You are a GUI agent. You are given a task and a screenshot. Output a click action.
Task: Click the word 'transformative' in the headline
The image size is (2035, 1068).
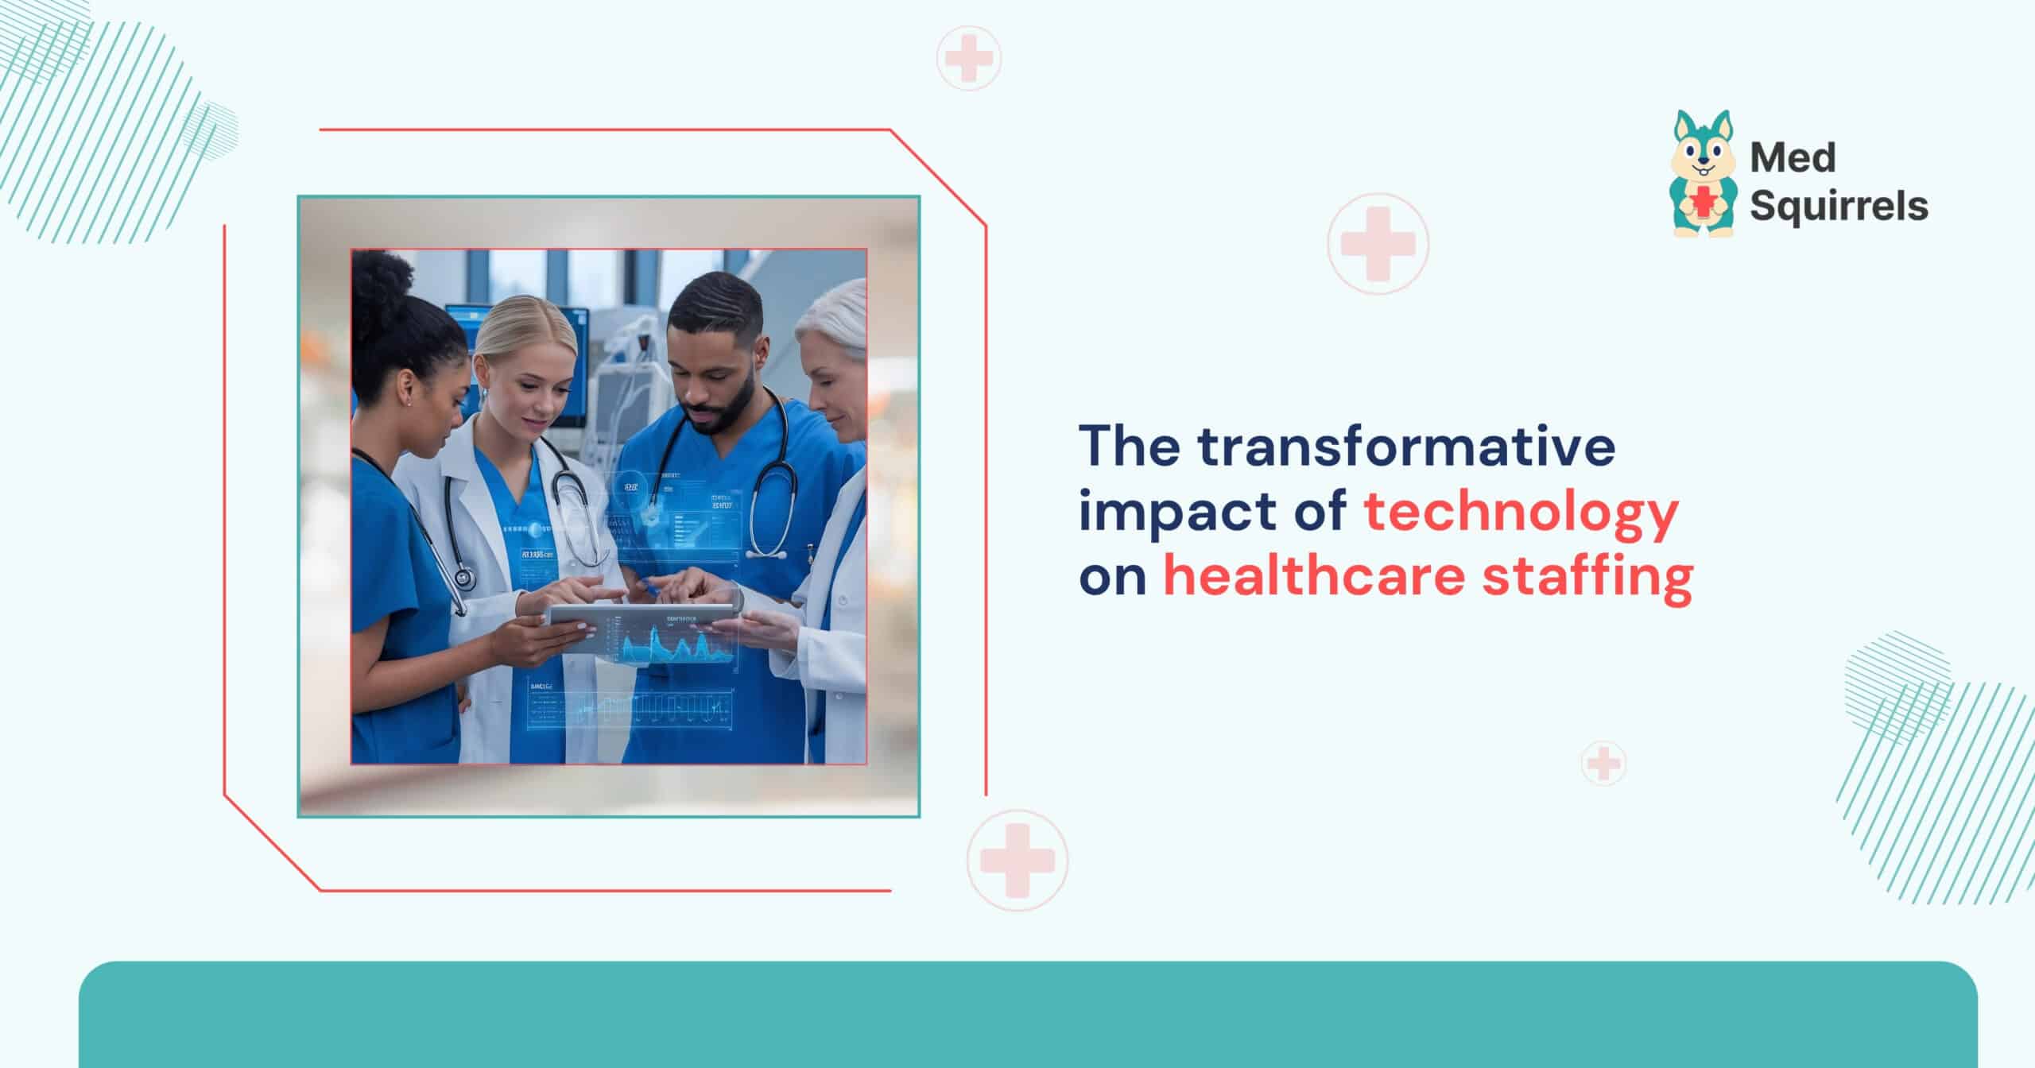[1407, 447]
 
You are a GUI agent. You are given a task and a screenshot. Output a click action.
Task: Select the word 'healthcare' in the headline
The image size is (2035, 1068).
[1314, 577]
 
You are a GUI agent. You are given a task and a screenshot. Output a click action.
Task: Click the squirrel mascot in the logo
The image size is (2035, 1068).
[1702, 175]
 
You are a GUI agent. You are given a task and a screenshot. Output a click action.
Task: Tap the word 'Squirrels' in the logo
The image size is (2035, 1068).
[1839, 206]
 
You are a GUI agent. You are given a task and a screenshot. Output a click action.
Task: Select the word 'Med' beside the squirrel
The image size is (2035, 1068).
[1793, 158]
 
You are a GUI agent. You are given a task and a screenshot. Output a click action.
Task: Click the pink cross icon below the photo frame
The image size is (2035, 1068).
[1017, 861]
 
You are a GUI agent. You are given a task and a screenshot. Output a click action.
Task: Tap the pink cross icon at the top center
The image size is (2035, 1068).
[968, 58]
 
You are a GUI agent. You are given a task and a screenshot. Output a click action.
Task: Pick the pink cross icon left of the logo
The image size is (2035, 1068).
[1378, 243]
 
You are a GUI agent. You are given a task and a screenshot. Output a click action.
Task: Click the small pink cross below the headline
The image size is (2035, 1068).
[1603, 764]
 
